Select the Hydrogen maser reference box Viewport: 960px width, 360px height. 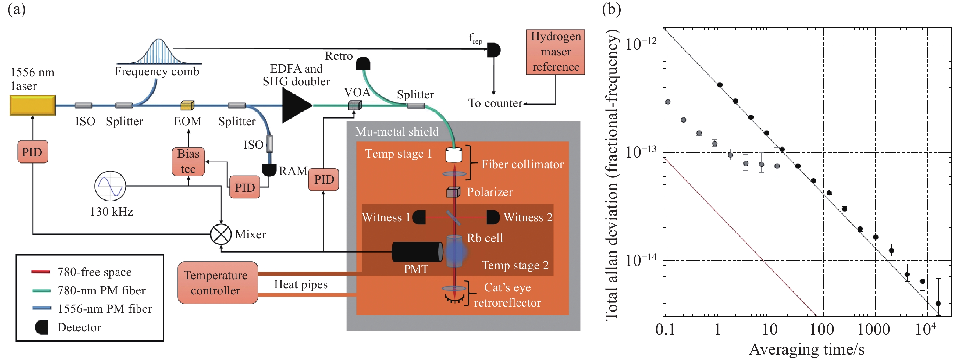click(x=555, y=52)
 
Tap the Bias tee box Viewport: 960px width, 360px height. click(x=188, y=161)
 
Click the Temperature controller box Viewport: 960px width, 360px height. click(x=218, y=283)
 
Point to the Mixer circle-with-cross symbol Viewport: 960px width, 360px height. click(x=221, y=234)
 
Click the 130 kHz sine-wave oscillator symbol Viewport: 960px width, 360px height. click(x=110, y=186)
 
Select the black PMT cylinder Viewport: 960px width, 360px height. click(x=417, y=252)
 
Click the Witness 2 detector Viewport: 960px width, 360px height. click(x=493, y=217)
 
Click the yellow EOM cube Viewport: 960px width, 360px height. click(x=187, y=105)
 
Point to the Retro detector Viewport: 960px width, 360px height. click(x=363, y=64)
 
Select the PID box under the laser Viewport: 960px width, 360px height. click(x=32, y=152)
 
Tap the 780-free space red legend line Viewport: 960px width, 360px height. click(x=41, y=272)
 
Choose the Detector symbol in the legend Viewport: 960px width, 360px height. click(x=41, y=327)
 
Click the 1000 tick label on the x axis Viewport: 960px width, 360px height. click(x=873, y=330)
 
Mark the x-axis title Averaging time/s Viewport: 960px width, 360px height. click(x=806, y=350)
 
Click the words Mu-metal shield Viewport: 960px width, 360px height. click(x=397, y=132)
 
